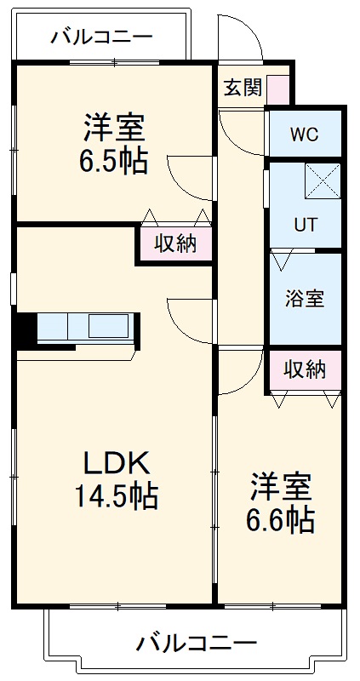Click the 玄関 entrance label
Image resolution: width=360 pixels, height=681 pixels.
243,88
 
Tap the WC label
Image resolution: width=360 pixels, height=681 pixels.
304,134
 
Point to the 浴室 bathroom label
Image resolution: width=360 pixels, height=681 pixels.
304,299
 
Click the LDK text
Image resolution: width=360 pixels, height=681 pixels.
116,464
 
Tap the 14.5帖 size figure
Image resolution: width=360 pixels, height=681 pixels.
117,496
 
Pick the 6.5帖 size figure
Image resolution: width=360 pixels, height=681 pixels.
113,161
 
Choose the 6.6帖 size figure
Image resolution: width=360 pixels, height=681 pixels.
281,519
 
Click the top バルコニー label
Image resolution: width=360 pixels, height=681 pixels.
101,37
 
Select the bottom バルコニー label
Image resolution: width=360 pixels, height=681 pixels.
197,643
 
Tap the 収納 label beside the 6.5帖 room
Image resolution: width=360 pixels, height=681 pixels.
175,244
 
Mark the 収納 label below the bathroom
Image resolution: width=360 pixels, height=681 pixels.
305,369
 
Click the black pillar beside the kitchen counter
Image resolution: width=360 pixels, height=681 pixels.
25,329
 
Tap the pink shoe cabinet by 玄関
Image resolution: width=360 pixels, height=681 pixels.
278,89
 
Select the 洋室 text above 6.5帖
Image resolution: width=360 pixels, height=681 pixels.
113,129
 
